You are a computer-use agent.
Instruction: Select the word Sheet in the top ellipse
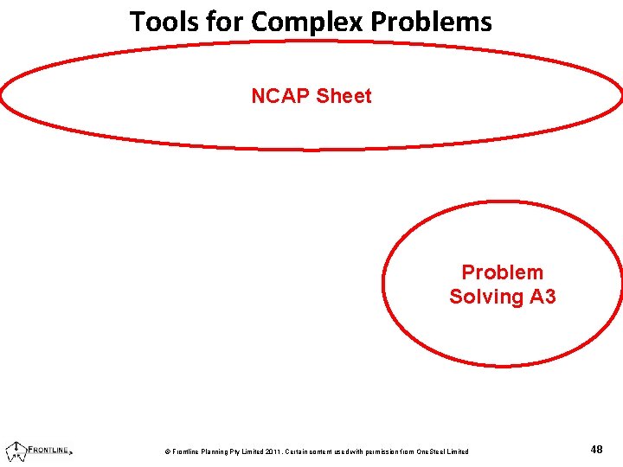344,96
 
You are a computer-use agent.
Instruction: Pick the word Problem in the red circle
502,272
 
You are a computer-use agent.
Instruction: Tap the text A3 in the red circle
542,297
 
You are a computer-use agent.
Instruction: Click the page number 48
596,450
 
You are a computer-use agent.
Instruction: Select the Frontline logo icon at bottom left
15,450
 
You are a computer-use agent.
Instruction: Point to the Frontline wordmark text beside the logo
50,450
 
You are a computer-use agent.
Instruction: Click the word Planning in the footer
211,451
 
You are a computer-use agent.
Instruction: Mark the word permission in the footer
382,451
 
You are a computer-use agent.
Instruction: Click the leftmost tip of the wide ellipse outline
2,97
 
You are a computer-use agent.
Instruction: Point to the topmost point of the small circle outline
502,202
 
